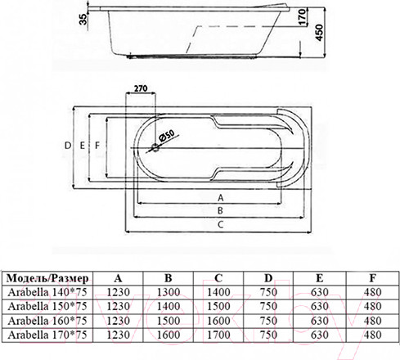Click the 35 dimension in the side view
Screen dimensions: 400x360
click(83, 19)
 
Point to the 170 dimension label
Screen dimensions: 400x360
click(301, 17)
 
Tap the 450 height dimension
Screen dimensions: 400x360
click(319, 33)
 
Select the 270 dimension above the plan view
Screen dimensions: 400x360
click(141, 88)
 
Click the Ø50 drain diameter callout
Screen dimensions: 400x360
click(166, 135)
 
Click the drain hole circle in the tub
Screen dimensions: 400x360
click(155, 147)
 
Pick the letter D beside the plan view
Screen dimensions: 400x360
click(68, 146)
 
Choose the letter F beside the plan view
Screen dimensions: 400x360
click(97, 146)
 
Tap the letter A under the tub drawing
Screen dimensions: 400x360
click(221, 198)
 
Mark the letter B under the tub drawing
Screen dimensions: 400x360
click(220, 210)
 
